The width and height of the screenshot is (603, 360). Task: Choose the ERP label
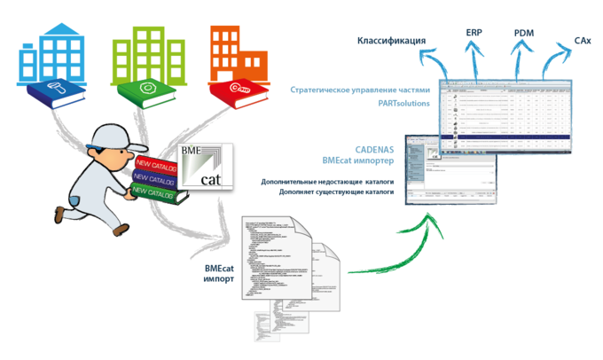pos(474,33)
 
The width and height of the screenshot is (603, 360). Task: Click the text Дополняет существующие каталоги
pos(325,191)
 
